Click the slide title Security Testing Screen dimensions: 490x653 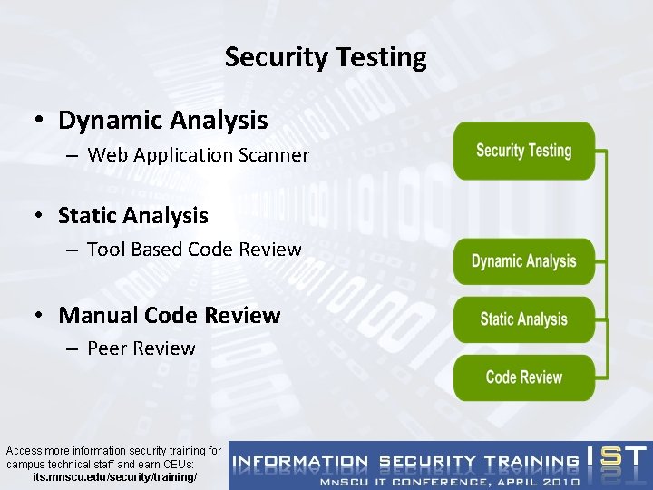(x=326, y=57)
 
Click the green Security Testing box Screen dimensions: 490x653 (x=524, y=151)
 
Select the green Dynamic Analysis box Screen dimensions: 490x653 (x=524, y=261)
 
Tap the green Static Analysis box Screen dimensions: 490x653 (x=524, y=318)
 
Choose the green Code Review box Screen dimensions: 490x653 (x=524, y=377)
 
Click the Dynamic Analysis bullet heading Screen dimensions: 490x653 (x=162, y=120)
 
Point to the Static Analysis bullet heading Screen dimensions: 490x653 (x=132, y=216)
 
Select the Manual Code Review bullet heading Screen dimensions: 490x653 (x=169, y=316)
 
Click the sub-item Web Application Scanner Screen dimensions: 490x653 (x=198, y=155)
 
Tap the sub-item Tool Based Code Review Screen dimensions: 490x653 (x=194, y=249)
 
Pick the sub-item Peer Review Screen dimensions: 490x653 (x=141, y=348)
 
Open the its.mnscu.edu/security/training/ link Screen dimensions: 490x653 (x=114, y=476)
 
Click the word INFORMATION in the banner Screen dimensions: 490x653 (x=300, y=461)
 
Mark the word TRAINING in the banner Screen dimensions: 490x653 (x=530, y=461)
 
